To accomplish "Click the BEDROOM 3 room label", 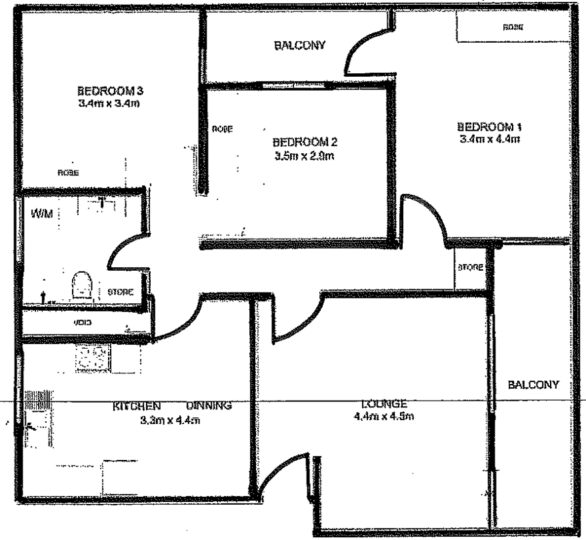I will (x=111, y=91).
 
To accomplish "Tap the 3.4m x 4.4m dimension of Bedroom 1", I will (x=489, y=139).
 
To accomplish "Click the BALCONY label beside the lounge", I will (x=533, y=385).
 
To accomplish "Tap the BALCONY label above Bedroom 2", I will (x=299, y=45).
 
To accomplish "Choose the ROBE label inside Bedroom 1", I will (x=512, y=27).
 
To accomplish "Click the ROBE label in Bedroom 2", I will (x=222, y=129).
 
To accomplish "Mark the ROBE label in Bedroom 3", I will (x=68, y=173).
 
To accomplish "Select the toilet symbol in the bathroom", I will (x=81, y=283).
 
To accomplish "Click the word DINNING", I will (x=209, y=405).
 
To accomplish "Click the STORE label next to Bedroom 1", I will (x=470, y=268).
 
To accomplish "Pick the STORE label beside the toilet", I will (x=120, y=292).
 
